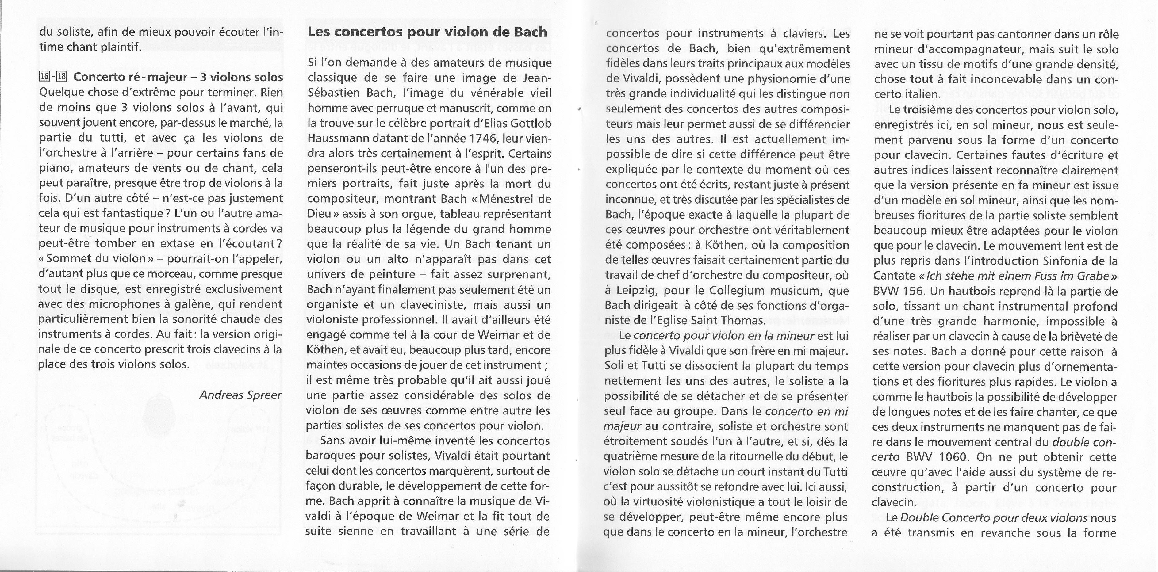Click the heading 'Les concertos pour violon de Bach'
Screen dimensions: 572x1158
click(x=427, y=32)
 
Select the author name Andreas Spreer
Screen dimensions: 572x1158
click(x=240, y=395)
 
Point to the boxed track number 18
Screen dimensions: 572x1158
click(x=62, y=77)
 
